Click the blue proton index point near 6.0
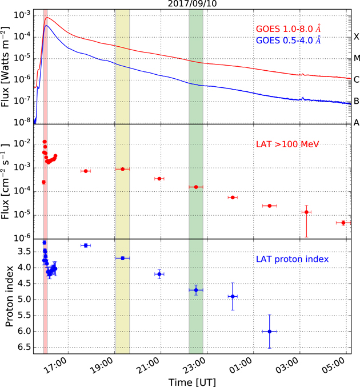coord(269,332)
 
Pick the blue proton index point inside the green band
coord(196,290)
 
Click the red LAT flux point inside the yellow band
coord(122,169)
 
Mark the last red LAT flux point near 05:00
coord(343,223)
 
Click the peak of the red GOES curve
coord(47,18)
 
